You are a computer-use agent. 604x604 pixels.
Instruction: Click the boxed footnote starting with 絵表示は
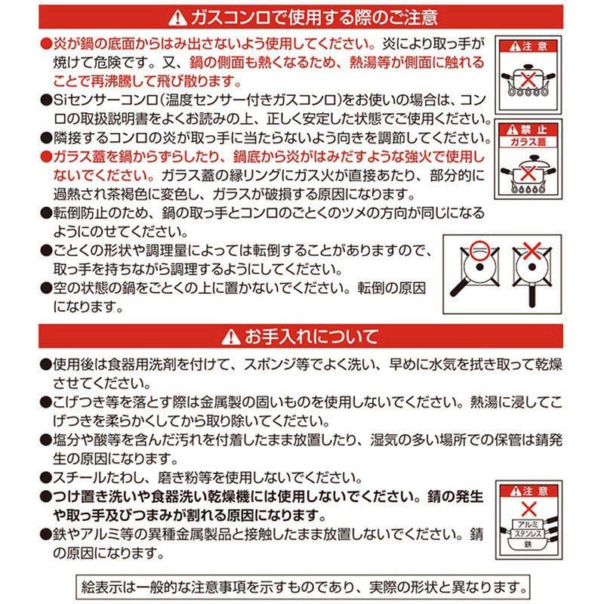(x=302, y=585)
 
